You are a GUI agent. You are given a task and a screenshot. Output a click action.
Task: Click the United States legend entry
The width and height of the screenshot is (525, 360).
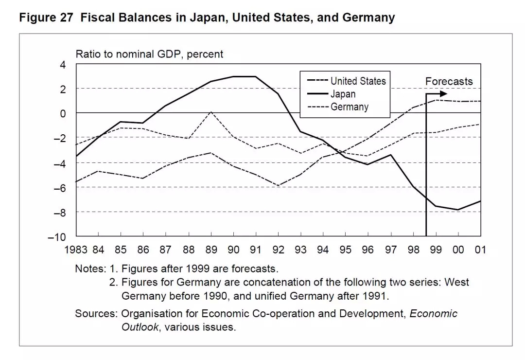(358, 81)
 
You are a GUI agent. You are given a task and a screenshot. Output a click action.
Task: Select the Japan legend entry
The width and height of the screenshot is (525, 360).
(343, 94)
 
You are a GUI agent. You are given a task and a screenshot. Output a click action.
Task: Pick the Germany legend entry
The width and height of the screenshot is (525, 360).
(350, 107)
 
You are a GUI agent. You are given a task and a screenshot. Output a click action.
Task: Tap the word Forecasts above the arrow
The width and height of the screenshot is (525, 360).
(449, 81)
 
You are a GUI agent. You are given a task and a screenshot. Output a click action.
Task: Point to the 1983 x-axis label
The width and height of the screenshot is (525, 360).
(76, 250)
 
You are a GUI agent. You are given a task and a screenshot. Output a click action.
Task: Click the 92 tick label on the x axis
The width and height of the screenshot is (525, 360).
(278, 250)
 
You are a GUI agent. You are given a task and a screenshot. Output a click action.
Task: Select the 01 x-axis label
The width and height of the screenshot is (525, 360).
(481, 250)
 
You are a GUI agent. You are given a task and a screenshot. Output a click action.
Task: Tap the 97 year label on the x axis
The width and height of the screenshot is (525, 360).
(390, 250)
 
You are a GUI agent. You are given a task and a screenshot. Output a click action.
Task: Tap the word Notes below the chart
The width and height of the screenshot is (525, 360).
(89, 268)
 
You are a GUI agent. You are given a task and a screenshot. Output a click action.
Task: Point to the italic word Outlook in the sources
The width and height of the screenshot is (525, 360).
(140, 327)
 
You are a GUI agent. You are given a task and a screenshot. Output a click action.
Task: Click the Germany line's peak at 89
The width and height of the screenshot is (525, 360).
(211, 112)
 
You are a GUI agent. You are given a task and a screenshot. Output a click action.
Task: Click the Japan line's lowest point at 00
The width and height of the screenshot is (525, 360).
(458, 210)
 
